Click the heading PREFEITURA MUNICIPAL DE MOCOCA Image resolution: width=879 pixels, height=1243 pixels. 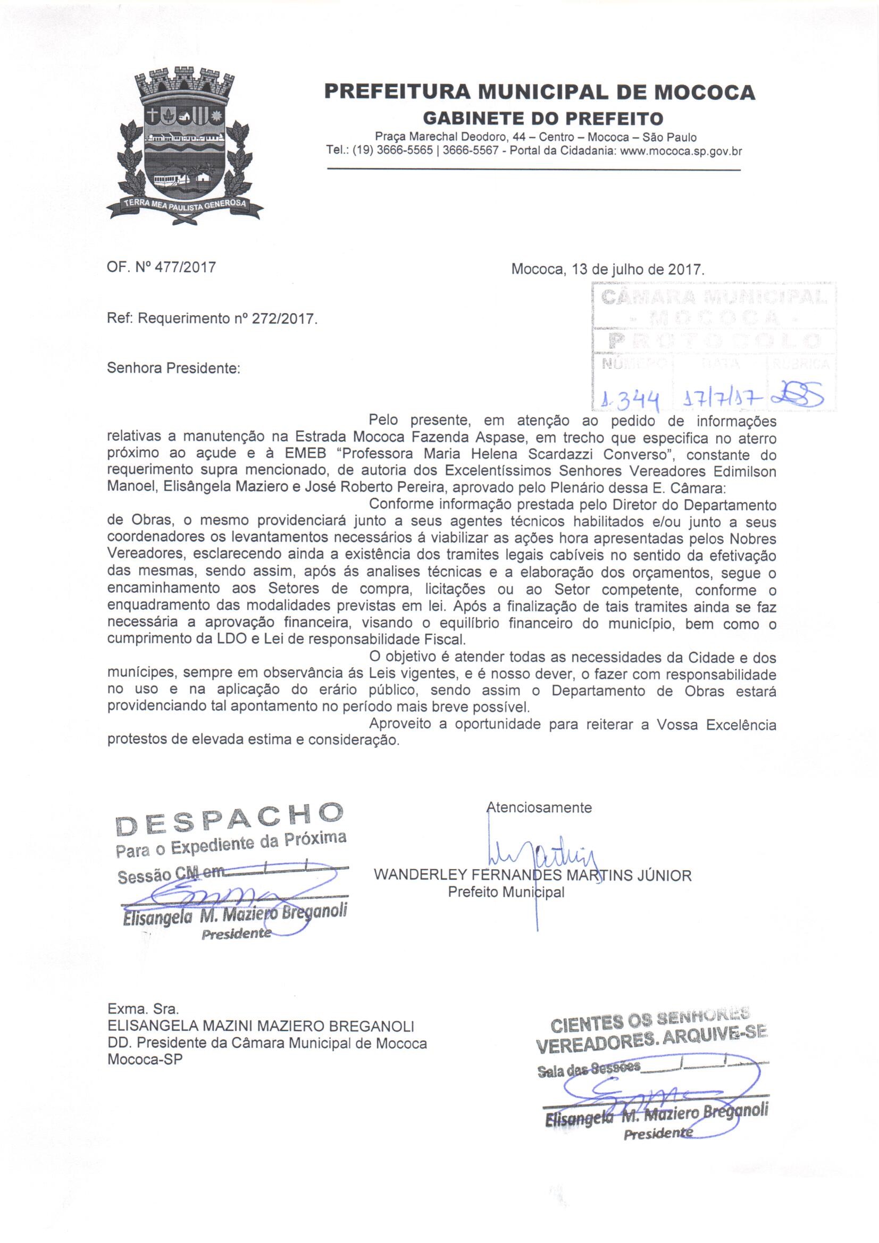[x=539, y=92]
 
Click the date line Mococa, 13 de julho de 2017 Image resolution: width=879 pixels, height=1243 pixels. [x=608, y=269]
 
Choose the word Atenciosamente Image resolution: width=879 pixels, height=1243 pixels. [x=540, y=808]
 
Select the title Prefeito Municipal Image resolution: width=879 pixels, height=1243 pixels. [x=506, y=892]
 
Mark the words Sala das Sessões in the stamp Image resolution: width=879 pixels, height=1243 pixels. [x=588, y=1069]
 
